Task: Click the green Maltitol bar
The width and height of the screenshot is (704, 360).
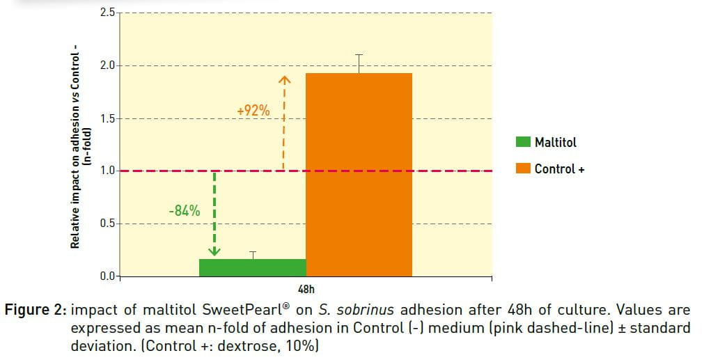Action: [x=252, y=267]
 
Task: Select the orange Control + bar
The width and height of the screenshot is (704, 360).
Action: [x=359, y=174]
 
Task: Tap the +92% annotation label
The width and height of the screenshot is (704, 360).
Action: [x=253, y=110]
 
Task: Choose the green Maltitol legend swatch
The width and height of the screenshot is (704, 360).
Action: [x=522, y=142]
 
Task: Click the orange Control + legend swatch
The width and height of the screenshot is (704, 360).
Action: [x=522, y=169]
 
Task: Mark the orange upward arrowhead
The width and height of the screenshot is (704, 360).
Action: [x=284, y=80]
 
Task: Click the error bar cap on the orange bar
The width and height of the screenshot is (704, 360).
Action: [x=359, y=54]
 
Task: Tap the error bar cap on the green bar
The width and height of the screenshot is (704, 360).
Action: [x=253, y=251]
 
